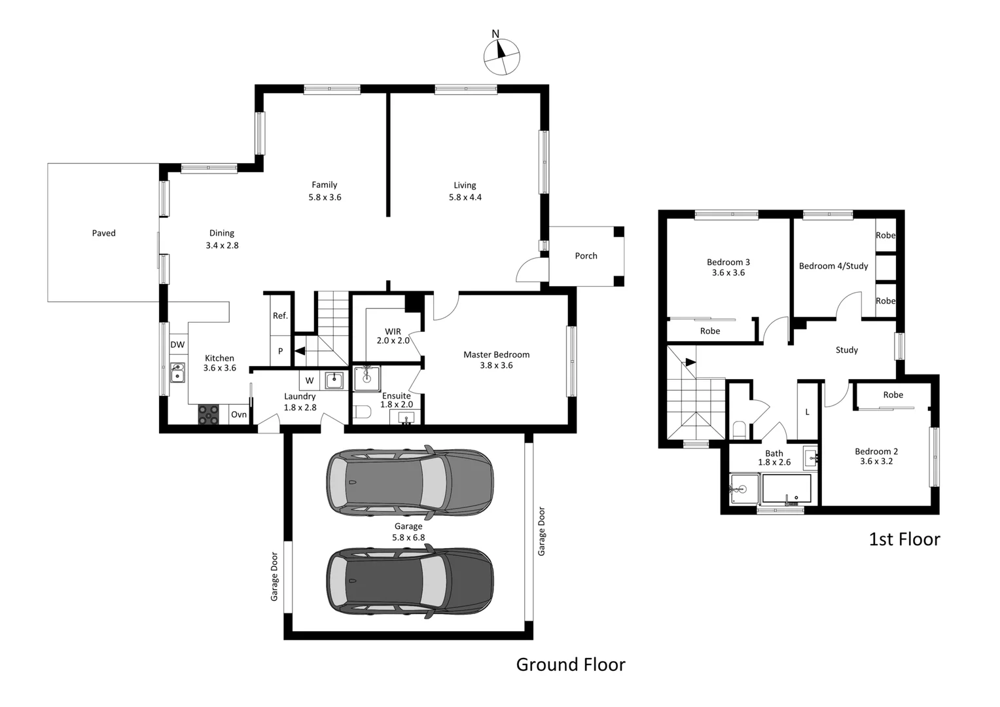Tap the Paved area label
(x=103, y=233)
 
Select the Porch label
(x=586, y=256)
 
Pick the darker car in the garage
(x=410, y=581)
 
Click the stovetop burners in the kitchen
(x=209, y=414)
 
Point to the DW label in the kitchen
(x=177, y=344)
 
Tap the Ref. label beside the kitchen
(x=280, y=316)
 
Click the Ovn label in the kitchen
(x=239, y=414)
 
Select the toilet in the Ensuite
(x=362, y=412)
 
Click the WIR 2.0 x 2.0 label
(x=393, y=336)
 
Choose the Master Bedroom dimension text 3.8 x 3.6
(x=496, y=365)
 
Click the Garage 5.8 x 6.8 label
(x=408, y=532)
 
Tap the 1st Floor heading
(x=904, y=539)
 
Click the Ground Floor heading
(x=571, y=664)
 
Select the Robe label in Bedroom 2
(x=893, y=395)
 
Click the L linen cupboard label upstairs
(x=807, y=412)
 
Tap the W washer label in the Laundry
(x=310, y=380)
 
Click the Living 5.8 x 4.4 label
(x=465, y=191)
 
